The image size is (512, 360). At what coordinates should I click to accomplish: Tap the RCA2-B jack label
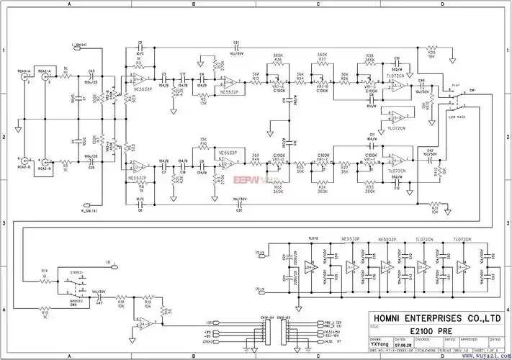tap(45, 169)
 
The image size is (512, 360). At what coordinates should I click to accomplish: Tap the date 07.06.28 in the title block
tap(403, 344)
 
